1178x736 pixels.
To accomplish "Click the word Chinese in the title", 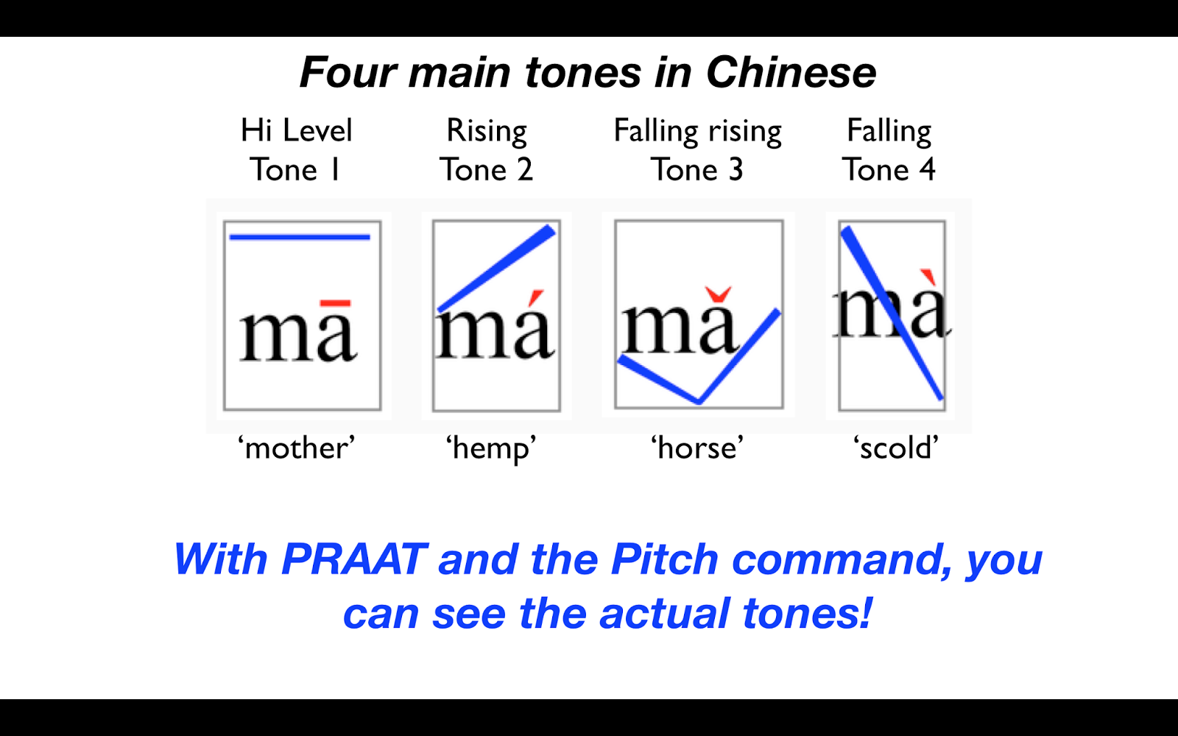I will (x=791, y=73).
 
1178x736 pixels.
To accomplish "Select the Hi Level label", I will (x=297, y=131).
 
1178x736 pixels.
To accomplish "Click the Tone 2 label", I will (x=486, y=170).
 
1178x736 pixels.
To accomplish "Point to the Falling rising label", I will (x=697, y=131).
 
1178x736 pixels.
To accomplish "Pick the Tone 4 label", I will (x=889, y=170).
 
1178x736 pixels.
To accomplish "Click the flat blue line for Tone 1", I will (x=300, y=237).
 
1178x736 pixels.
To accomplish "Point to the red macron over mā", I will (x=336, y=302).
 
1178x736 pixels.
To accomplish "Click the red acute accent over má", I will (x=537, y=297).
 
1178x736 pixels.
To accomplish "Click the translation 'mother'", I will (x=296, y=447).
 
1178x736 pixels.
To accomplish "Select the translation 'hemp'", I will (x=491, y=447).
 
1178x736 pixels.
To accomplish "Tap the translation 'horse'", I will (x=697, y=447).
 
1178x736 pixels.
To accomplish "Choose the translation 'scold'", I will (x=896, y=447).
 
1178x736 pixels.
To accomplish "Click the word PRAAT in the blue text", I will (x=353, y=559).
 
